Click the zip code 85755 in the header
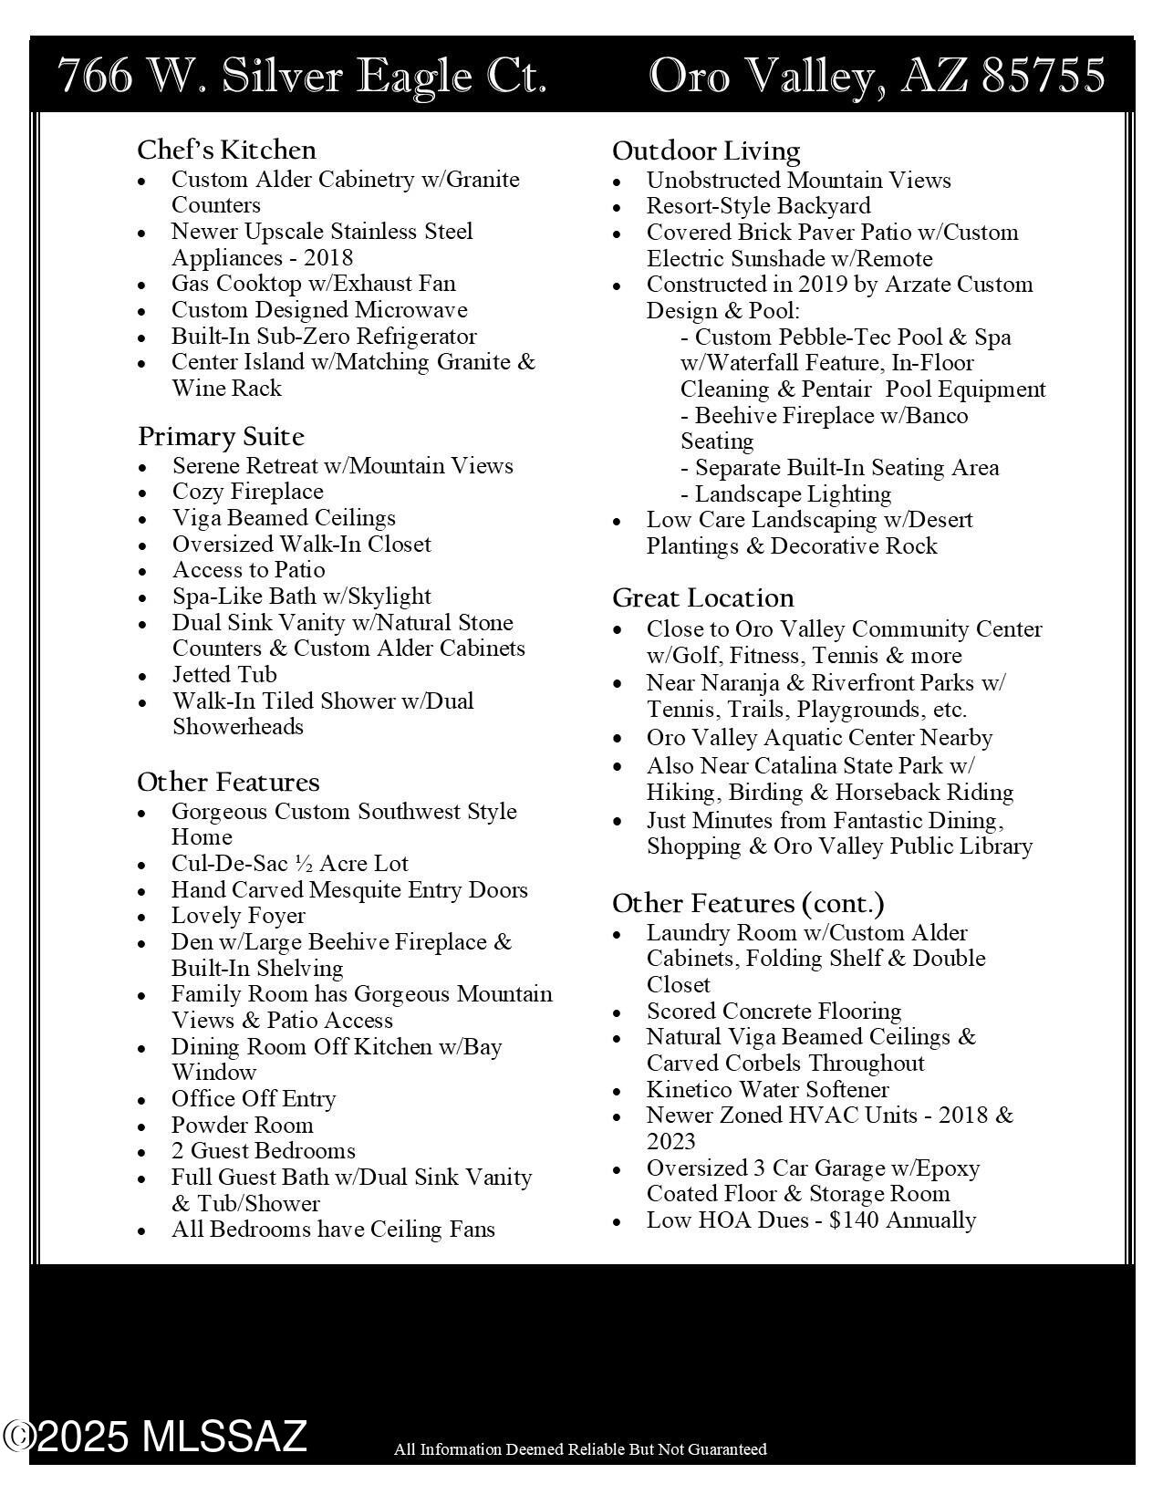[1044, 76]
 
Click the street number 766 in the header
[95, 76]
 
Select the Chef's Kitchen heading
[226, 150]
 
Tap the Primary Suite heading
[221, 436]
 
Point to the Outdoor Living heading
[706, 150]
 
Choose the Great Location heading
[702, 598]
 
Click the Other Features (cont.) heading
[748, 903]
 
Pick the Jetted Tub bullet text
[224, 674]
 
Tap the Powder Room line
[242, 1125]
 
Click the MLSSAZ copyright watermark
[155, 1436]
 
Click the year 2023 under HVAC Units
[670, 1141]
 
